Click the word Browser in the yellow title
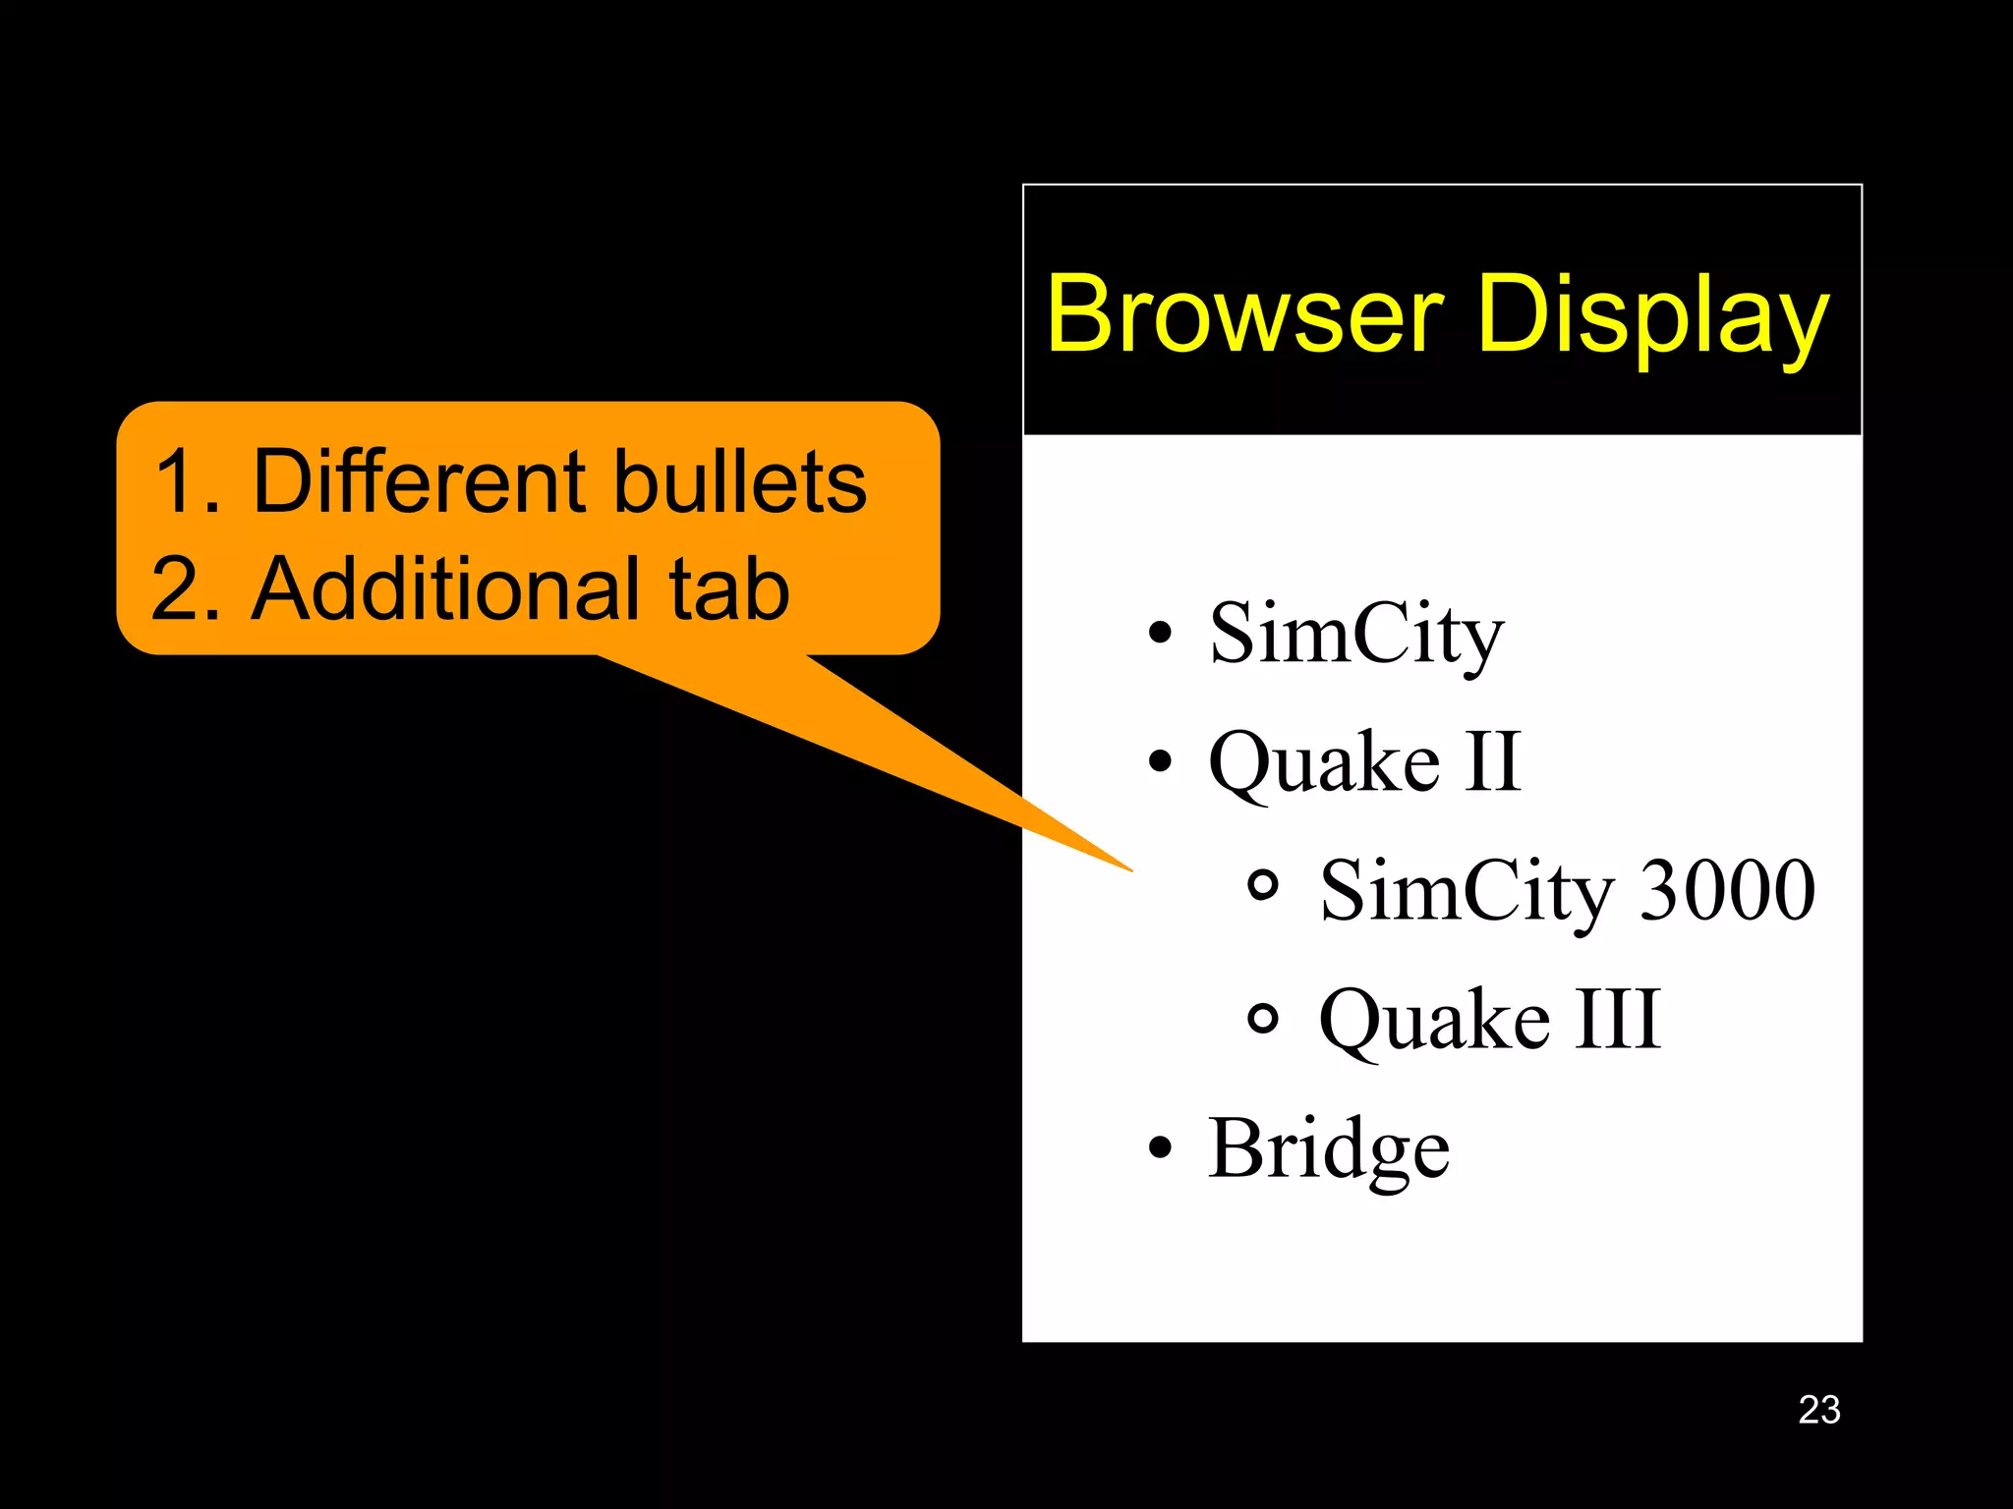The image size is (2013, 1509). click(x=1244, y=314)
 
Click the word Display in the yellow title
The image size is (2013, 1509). click(x=1653, y=314)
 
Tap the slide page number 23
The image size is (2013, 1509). click(x=1818, y=1410)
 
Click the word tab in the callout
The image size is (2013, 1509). click(x=729, y=588)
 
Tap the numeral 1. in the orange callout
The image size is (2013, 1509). click(x=185, y=481)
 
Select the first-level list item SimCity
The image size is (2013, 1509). click(x=1356, y=634)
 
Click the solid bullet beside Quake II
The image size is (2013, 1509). click(x=1161, y=761)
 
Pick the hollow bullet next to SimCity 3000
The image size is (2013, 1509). click(x=1263, y=886)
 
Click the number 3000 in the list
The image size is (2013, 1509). click(x=1727, y=890)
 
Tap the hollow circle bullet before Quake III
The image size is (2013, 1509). click(x=1263, y=1018)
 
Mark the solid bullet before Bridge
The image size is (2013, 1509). click(x=1161, y=1147)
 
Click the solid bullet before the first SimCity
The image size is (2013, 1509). click(x=1161, y=633)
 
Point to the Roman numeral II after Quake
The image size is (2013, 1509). click(x=1492, y=761)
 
